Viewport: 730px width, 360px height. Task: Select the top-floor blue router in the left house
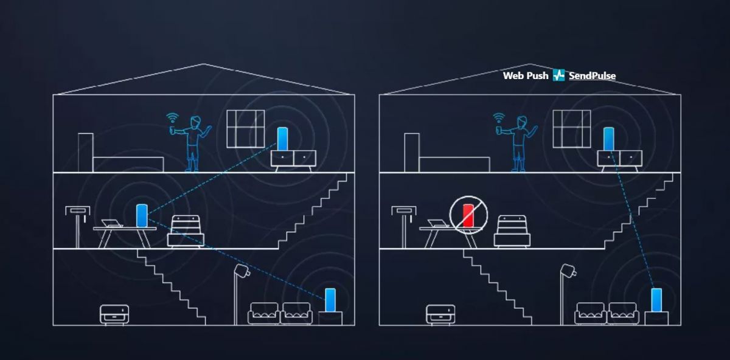point(282,139)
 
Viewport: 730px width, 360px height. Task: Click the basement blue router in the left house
point(330,300)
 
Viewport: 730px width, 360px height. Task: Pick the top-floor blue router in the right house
point(608,139)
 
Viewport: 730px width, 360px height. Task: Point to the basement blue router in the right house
point(656,300)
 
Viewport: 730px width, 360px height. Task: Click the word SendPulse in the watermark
point(592,76)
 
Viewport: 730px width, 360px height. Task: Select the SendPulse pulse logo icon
point(559,75)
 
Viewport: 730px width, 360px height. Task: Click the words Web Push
point(526,76)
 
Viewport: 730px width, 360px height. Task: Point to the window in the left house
point(246,129)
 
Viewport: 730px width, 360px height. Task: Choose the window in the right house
point(572,129)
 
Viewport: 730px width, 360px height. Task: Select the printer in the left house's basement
point(114,314)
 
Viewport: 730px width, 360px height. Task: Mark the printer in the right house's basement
point(440,314)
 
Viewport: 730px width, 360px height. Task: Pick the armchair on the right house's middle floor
point(512,231)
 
